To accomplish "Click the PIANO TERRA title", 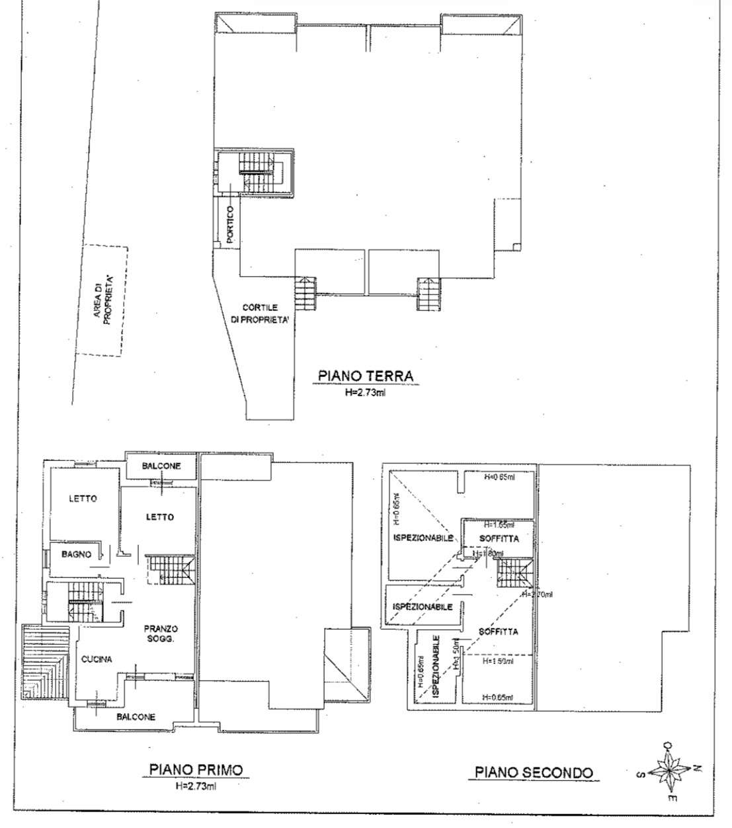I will (x=365, y=376).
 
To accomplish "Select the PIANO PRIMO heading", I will (x=196, y=769).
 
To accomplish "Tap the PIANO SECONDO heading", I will (x=534, y=772).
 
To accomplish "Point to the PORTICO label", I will (x=229, y=226).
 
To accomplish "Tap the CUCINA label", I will (x=97, y=659).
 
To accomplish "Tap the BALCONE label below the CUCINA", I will (x=136, y=717).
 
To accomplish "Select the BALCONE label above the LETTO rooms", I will (x=161, y=466).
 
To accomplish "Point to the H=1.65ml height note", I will (x=499, y=525).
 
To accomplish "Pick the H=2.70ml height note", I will (x=537, y=595).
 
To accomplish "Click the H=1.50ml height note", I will (x=498, y=661).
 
